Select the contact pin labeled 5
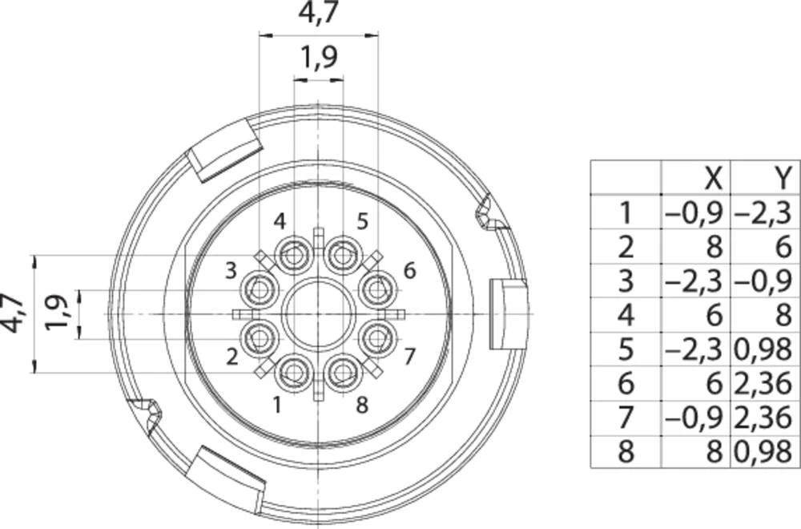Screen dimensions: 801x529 point(342,254)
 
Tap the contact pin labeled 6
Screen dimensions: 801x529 point(377,290)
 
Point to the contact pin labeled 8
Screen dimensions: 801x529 point(342,373)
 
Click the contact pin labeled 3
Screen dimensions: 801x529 point(260,290)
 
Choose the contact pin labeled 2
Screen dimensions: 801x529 point(260,337)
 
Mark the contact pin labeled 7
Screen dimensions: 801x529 point(377,337)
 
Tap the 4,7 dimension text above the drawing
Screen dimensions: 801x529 point(318,12)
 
